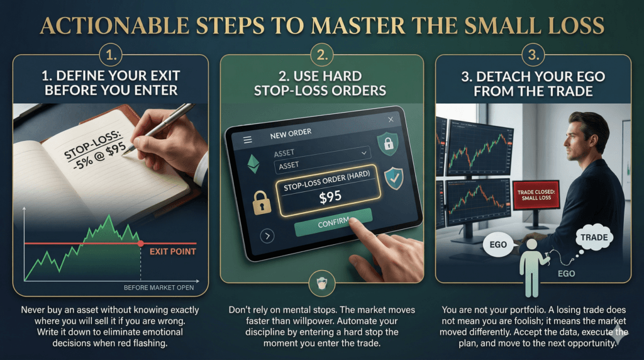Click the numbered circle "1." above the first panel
click(111, 55)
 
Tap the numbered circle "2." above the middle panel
click(322, 55)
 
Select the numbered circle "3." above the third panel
click(533, 55)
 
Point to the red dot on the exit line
click(141, 244)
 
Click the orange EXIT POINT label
click(172, 252)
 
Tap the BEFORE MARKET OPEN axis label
click(159, 288)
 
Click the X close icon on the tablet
click(391, 119)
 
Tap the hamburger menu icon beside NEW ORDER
click(248, 140)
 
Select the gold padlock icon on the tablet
click(262, 202)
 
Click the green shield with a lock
click(388, 143)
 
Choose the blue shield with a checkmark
click(394, 178)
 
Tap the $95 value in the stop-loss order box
click(330, 197)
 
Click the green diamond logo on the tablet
click(254, 164)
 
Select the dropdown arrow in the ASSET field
click(364, 153)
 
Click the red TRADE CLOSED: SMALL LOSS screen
click(536, 195)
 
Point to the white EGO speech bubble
click(498, 245)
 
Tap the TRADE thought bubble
click(594, 237)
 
